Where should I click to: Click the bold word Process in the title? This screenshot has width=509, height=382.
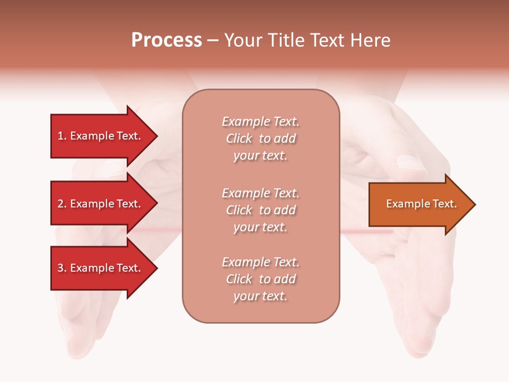point(166,40)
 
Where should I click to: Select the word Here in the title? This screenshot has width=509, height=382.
point(370,40)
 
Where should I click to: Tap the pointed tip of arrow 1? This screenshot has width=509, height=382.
point(156,136)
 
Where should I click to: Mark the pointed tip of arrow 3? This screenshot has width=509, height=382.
point(156,268)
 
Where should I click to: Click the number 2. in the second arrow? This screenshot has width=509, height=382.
point(62,204)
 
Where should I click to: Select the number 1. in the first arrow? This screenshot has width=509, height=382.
point(62,136)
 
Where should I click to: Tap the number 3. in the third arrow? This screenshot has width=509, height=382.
point(62,268)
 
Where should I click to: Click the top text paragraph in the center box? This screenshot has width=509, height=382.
point(260,138)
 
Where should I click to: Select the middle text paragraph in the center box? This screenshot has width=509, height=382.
point(260,210)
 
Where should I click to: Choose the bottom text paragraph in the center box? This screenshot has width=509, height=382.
point(260,279)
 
